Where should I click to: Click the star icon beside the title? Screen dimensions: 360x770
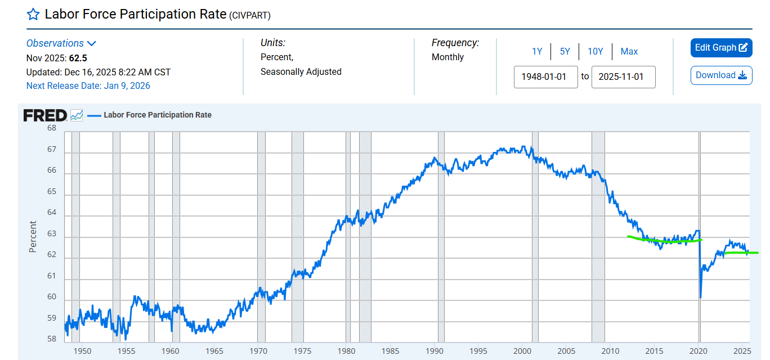(x=33, y=14)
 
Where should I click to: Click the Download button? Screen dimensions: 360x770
(x=721, y=75)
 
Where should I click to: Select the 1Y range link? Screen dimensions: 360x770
(x=537, y=51)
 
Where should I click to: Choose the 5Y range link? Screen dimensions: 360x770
(x=565, y=51)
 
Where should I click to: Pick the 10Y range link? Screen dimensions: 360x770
(x=596, y=51)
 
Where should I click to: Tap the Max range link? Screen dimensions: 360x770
(x=629, y=51)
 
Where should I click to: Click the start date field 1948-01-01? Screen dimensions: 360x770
(x=545, y=76)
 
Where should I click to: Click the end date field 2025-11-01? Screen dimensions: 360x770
(x=623, y=76)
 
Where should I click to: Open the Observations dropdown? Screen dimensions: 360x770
(x=61, y=43)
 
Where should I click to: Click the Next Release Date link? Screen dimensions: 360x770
(x=88, y=85)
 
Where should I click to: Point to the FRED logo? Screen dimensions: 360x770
(x=46, y=115)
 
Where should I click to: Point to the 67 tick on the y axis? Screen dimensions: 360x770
(x=52, y=150)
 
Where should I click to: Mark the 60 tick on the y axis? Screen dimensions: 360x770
(x=52, y=297)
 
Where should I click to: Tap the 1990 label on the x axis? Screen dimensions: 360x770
(x=435, y=352)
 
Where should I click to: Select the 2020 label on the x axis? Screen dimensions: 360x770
(x=699, y=352)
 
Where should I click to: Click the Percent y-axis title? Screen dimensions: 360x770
(x=33, y=236)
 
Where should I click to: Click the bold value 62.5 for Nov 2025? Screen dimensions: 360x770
(x=78, y=58)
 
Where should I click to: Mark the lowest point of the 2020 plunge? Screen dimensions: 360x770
(x=700, y=298)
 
